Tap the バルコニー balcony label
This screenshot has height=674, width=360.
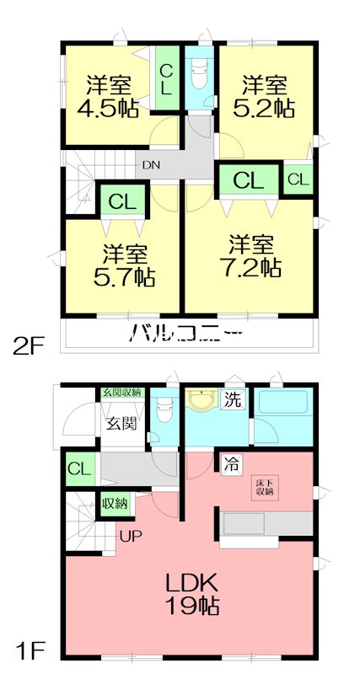click(x=185, y=334)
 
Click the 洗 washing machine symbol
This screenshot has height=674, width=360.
click(x=233, y=399)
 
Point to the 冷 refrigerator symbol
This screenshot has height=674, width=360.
click(x=232, y=463)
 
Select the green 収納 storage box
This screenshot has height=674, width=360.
click(x=114, y=504)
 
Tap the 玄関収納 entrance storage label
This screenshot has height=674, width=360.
click(x=121, y=392)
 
